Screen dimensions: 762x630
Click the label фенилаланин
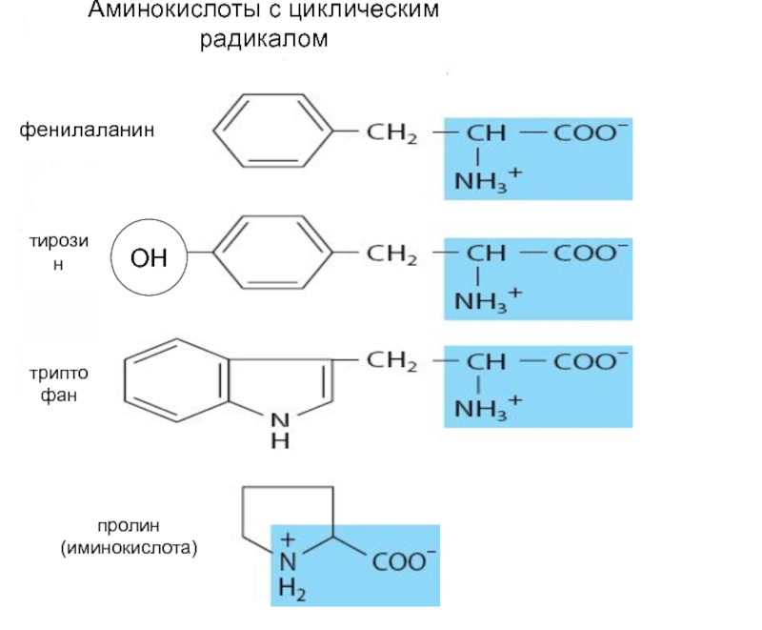pyautogui.click(x=87, y=131)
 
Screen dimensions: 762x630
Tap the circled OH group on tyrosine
pyautogui.click(x=149, y=257)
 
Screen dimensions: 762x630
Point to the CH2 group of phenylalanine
pyautogui.click(x=391, y=132)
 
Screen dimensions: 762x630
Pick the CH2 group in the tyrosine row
pyautogui.click(x=391, y=254)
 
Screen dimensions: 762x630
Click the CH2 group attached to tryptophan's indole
pyautogui.click(x=391, y=361)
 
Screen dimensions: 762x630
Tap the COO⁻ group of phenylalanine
pyautogui.click(x=591, y=132)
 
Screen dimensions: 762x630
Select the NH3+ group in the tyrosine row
pyautogui.click(x=488, y=300)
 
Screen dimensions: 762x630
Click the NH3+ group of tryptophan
pyautogui.click(x=488, y=407)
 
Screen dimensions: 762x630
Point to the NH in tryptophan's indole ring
pyautogui.click(x=280, y=431)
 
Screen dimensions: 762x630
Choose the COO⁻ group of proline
pyautogui.click(x=404, y=561)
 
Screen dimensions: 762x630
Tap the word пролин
pyautogui.click(x=129, y=525)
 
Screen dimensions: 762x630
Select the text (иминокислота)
pyautogui.click(x=130, y=548)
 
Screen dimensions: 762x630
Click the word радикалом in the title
pyautogui.click(x=264, y=39)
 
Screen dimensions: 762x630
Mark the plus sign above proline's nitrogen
pyautogui.click(x=288, y=539)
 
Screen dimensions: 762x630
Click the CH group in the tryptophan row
pyautogui.click(x=486, y=361)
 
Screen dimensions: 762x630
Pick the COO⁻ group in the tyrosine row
pyautogui.click(x=591, y=254)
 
